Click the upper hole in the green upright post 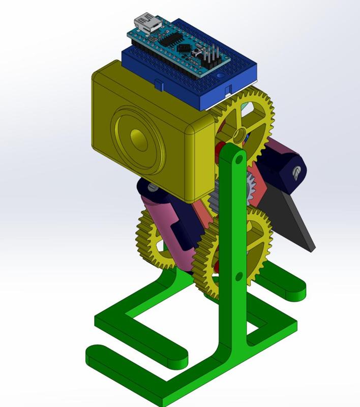click(x=237, y=161)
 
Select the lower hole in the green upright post click(x=239, y=277)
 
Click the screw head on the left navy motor click(x=151, y=188)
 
